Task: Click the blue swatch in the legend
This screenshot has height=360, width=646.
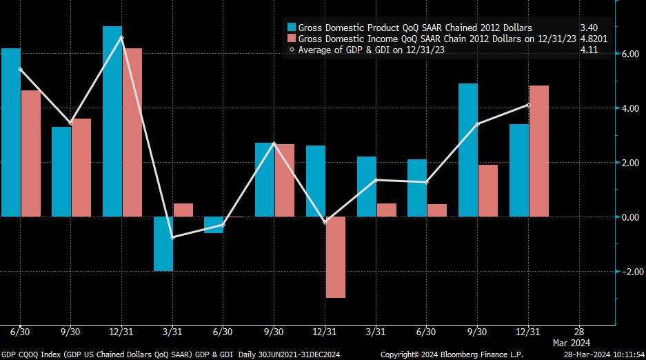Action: pos(292,28)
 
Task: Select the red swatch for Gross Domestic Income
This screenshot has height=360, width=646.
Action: pos(292,39)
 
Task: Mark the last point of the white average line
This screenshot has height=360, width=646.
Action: pos(528,105)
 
